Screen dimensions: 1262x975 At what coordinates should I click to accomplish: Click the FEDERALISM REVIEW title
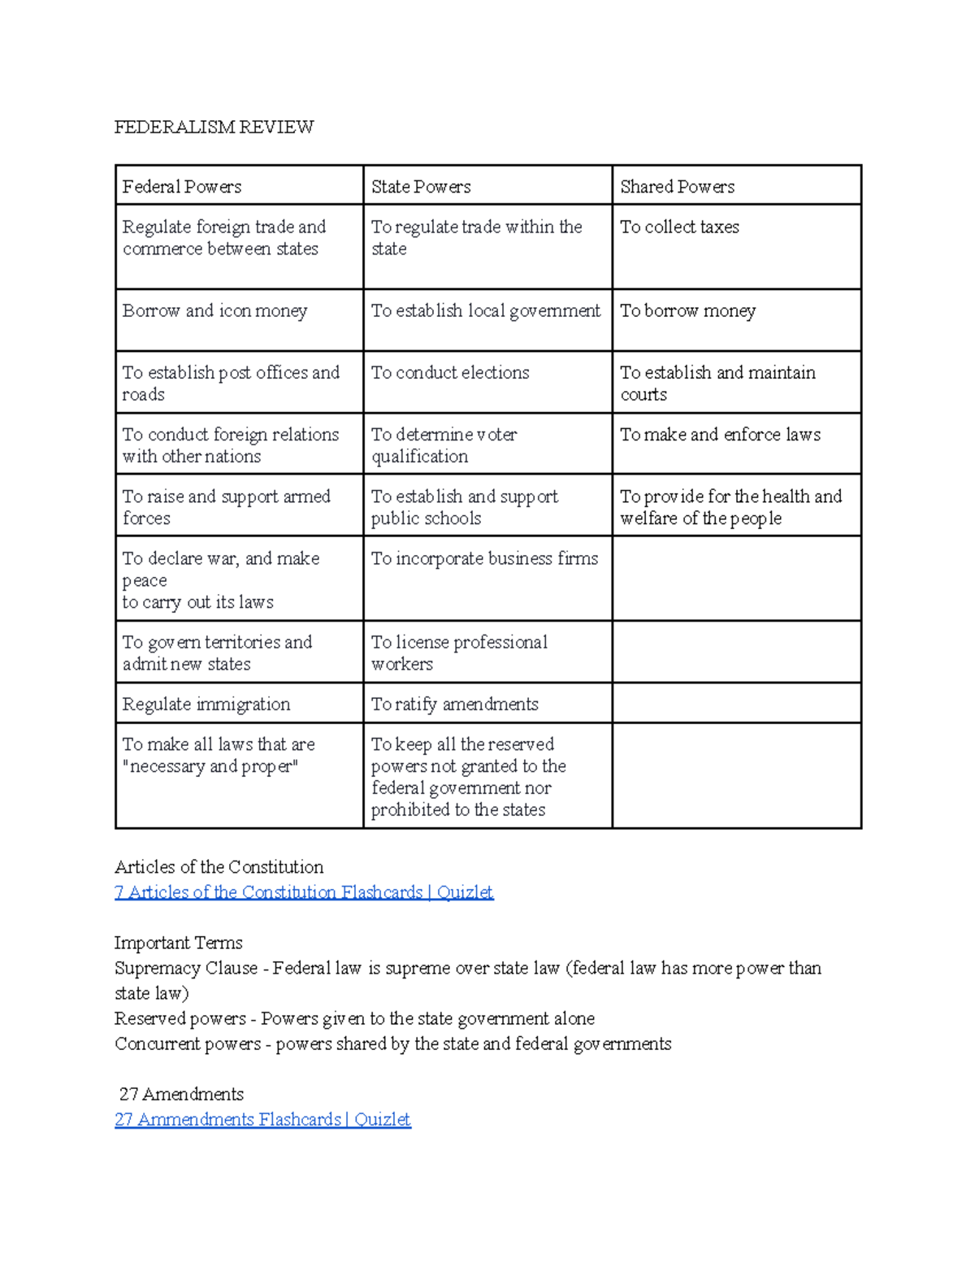coord(214,127)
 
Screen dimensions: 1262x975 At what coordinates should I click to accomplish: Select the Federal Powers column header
coord(182,187)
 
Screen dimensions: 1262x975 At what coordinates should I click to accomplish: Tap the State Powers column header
coord(421,187)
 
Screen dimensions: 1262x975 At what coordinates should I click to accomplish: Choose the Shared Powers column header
coord(677,187)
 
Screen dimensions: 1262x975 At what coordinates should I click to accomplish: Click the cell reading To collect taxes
coord(679,228)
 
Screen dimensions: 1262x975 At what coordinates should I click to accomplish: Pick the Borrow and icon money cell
coord(214,311)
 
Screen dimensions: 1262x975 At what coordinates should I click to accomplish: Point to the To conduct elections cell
coord(450,373)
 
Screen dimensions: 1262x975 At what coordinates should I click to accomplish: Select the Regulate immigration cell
coord(206,705)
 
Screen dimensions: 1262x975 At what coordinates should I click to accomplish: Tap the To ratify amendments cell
coord(454,705)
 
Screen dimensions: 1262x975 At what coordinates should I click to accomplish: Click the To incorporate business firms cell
coord(484,559)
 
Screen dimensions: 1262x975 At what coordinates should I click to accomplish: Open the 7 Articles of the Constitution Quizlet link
coord(304,892)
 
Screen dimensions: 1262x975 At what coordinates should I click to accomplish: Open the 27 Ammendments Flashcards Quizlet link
coord(262,1120)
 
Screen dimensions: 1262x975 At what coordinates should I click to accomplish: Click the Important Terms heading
coord(178,943)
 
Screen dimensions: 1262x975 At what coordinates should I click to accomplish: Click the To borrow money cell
coord(687,311)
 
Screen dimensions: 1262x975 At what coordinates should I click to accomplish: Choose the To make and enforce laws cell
coord(720,435)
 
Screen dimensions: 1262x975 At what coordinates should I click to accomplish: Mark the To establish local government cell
coord(486,311)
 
